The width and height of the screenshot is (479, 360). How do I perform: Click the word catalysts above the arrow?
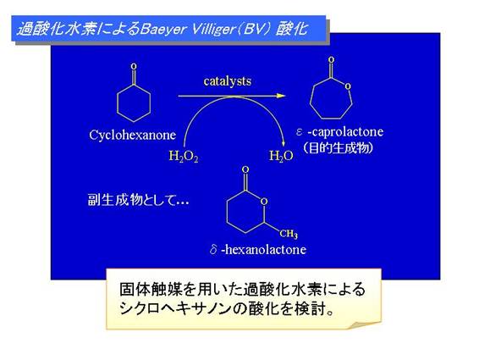[x=228, y=81]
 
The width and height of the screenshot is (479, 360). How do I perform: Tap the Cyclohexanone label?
[x=133, y=136]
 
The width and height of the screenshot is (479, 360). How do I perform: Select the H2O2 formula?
[x=184, y=157]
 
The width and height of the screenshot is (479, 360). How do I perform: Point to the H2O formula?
[x=281, y=156]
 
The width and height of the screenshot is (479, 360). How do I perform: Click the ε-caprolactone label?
[x=339, y=132]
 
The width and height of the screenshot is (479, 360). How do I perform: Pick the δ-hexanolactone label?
[x=258, y=250]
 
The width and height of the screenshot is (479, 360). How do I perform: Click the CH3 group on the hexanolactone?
[x=289, y=235]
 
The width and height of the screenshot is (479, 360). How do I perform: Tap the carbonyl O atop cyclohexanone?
[x=134, y=66]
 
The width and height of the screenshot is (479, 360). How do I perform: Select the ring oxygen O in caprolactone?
[x=348, y=86]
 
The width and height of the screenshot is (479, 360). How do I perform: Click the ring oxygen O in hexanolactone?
[x=264, y=202]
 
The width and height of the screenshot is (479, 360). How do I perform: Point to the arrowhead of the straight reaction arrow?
[x=281, y=96]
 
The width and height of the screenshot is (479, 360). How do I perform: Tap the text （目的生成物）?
[x=339, y=148]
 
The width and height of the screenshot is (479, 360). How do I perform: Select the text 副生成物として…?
[x=138, y=200]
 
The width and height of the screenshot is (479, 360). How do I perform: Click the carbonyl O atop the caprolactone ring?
[x=331, y=60]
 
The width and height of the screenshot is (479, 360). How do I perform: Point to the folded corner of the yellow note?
[x=365, y=324]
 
